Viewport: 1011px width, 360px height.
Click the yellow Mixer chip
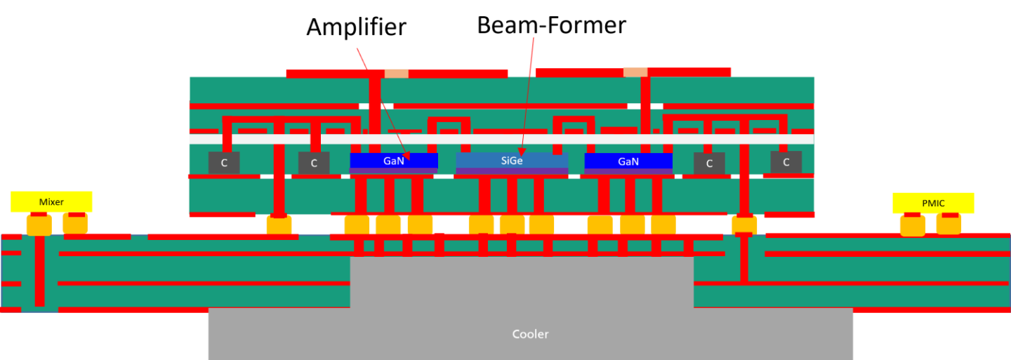51,201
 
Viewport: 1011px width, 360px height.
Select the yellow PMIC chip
933,203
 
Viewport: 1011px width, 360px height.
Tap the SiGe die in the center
512,161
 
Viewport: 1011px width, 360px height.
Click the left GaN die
393,161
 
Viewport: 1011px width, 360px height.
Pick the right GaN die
628,161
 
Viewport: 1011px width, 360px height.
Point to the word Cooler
530,334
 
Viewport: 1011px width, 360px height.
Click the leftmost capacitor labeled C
224,163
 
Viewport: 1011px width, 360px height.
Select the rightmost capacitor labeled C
786,162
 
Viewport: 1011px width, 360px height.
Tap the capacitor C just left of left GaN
314,163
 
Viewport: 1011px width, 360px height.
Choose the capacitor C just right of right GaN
709,164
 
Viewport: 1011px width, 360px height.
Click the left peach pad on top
396,73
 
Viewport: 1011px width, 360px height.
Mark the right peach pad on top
635,72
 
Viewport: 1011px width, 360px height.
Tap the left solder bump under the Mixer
39,225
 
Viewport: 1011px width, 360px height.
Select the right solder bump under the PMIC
949,224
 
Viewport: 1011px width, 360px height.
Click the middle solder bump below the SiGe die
512,225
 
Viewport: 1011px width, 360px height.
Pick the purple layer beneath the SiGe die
512,171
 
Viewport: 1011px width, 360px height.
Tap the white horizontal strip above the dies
501,139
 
